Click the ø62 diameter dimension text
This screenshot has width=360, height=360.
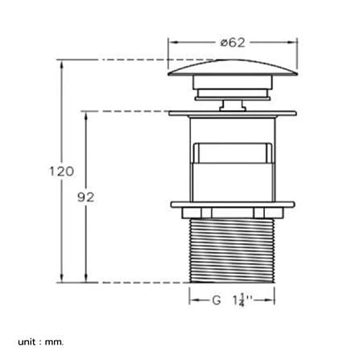pos(233,43)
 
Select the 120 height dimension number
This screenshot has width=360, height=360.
pos(61,172)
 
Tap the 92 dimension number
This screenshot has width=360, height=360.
pos(86,197)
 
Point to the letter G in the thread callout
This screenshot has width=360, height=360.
pos(216,300)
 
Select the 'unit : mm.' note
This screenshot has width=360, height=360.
pos(41,342)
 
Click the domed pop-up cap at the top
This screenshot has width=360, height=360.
pos(233,68)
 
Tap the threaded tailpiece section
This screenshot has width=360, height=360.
pos(232,250)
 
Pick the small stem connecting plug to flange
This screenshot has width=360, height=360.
pos(233,105)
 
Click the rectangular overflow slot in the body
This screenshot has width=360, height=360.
pos(233,153)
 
